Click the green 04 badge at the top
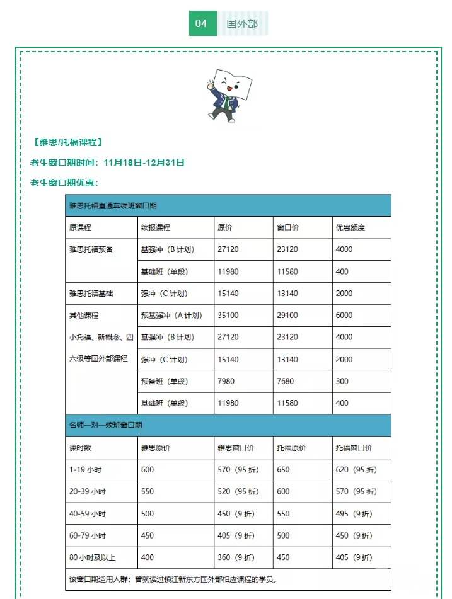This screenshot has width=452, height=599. click(x=202, y=24)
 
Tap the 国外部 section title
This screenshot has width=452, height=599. click(x=243, y=24)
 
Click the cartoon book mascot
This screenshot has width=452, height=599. click(x=228, y=96)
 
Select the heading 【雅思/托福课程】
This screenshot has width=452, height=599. click(x=66, y=142)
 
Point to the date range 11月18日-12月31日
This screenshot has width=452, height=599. click(x=144, y=163)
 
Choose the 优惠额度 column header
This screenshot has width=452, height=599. click(x=351, y=227)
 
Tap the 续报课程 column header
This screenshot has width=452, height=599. click(x=156, y=227)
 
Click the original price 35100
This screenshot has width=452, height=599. click(x=228, y=316)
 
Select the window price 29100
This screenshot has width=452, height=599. click(x=287, y=316)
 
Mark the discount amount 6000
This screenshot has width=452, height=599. click(x=345, y=316)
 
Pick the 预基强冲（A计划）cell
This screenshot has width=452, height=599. click(x=171, y=316)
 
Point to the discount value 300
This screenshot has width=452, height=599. click(x=342, y=381)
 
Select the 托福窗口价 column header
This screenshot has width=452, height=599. click(x=354, y=448)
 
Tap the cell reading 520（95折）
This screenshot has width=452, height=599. click(x=238, y=492)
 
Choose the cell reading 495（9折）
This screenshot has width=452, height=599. click(x=356, y=514)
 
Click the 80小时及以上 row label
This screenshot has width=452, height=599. click(x=93, y=557)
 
